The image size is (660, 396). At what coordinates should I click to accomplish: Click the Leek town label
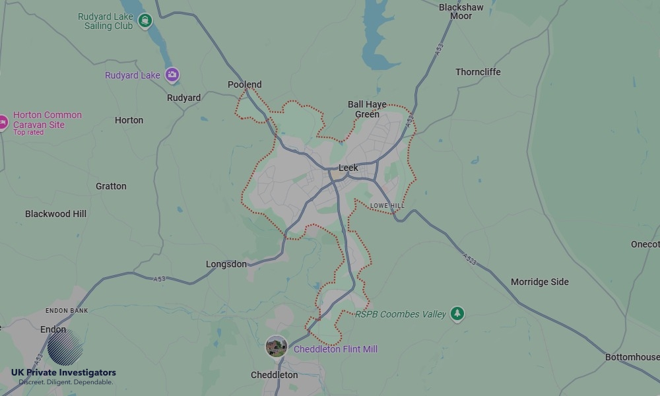coord(348,168)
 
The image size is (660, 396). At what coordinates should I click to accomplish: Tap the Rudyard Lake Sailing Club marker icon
coord(145,21)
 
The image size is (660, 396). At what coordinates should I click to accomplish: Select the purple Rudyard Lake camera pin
coord(172,75)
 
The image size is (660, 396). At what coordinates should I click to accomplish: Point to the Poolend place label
coord(244,84)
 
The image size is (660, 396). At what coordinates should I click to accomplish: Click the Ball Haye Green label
coord(367,109)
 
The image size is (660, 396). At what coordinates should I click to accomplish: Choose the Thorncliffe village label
coord(478,72)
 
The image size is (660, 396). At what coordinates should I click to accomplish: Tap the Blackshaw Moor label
coord(461,11)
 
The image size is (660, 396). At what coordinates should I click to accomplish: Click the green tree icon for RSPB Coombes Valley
coord(457,314)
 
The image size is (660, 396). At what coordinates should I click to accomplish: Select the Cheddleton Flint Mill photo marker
coord(277,346)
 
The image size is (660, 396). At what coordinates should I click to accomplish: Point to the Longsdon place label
coord(226,264)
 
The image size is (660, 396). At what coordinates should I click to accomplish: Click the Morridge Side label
coord(539,282)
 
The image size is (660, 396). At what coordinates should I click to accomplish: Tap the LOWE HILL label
coord(387,206)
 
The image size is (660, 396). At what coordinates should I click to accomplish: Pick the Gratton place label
coord(111,186)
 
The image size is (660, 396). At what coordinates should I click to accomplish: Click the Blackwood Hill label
coord(55,214)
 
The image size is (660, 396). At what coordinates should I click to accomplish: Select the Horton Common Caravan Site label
coord(48,119)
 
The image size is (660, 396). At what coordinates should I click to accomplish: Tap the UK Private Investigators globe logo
coord(65,348)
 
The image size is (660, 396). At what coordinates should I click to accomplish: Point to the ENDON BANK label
coord(67,310)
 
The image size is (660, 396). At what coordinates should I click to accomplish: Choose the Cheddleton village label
coord(274,375)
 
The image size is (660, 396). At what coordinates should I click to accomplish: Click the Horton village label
coord(129,120)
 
